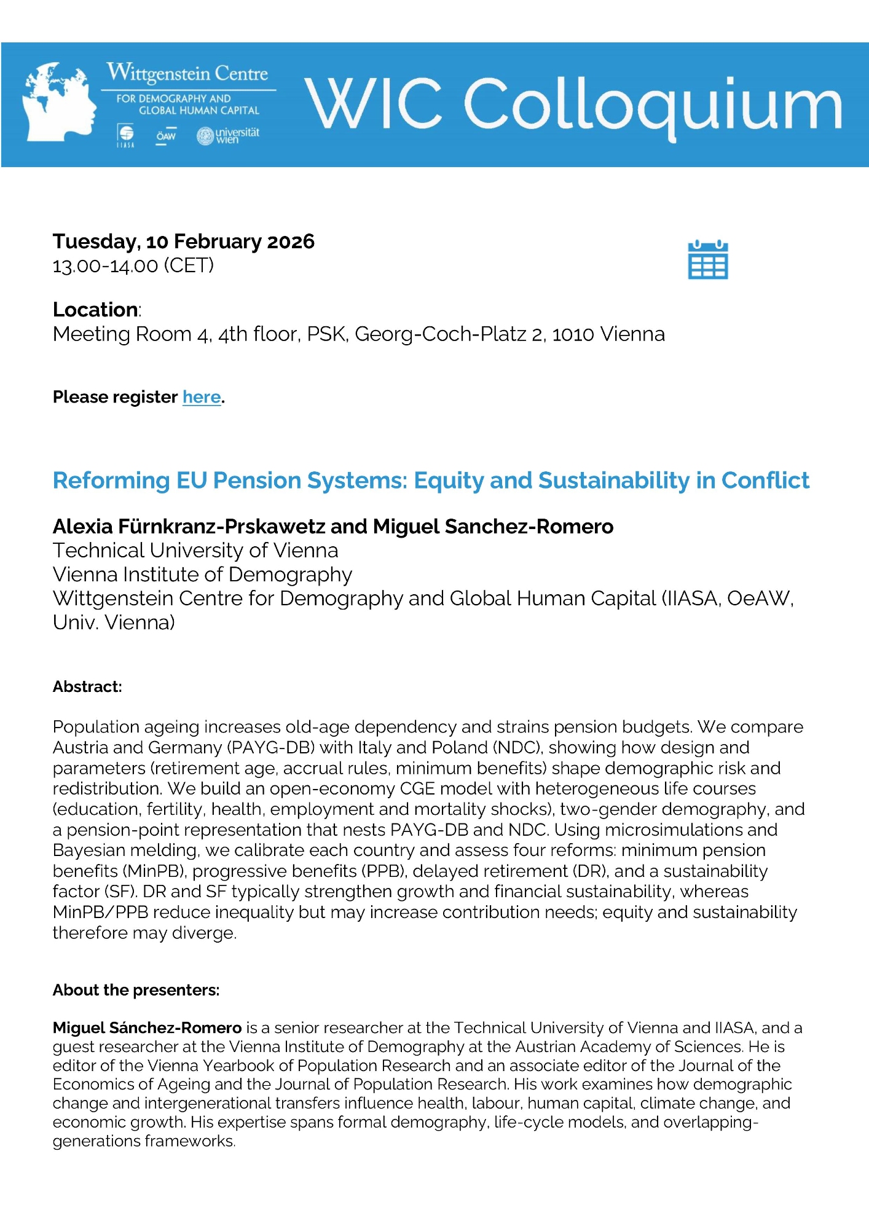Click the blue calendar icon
(707, 260)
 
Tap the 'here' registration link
(202, 398)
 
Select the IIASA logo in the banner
(125, 135)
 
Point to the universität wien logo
(228, 136)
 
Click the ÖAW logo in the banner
(165, 136)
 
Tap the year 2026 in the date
(291, 241)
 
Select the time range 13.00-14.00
(105, 266)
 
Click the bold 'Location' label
(95, 310)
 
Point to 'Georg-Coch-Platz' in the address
(440, 334)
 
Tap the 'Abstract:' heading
(87, 687)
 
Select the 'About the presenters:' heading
(136, 990)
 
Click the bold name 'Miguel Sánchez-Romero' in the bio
(147, 1028)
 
